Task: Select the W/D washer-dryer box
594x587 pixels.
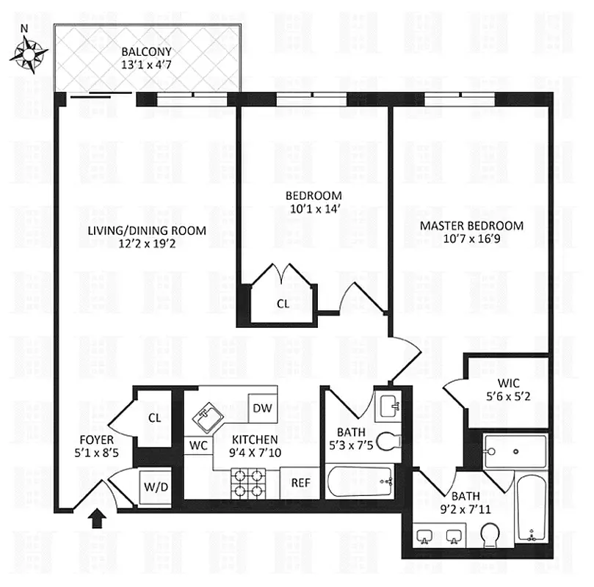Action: tap(155, 486)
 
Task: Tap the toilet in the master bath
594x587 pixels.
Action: tap(490, 536)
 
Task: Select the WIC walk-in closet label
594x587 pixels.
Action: tap(507, 382)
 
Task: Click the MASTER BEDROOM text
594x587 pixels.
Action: tap(471, 225)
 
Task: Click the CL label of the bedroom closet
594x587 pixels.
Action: tap(283, 302)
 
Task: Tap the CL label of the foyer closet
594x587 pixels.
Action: tap(154, 418)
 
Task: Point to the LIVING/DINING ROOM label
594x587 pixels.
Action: tap(146, 230)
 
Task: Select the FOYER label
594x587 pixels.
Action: tap(95, 440)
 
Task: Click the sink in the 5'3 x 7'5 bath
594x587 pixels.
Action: tap(387, 404)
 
